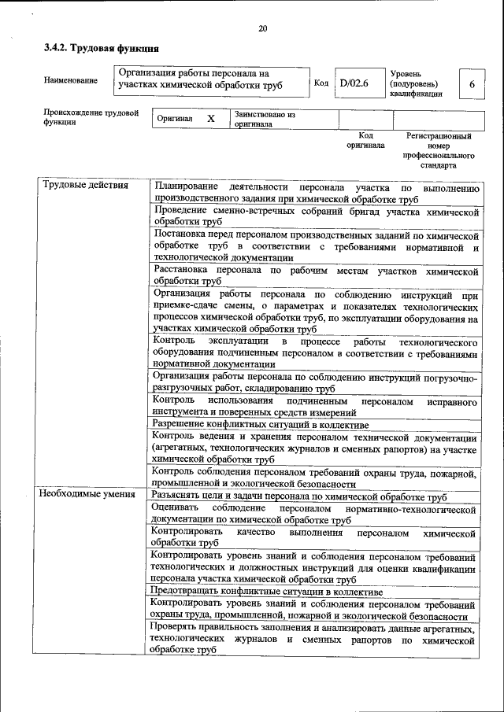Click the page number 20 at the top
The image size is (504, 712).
click(263, 29)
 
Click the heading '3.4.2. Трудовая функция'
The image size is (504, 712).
click(96, 49)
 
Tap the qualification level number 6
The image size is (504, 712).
click(471, 83)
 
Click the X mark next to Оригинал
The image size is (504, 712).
click(210, 118)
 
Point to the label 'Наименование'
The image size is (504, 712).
click(72, 80)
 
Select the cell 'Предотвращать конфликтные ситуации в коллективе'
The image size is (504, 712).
click(268, 591)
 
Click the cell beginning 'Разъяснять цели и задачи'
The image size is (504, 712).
click(300, 497)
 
